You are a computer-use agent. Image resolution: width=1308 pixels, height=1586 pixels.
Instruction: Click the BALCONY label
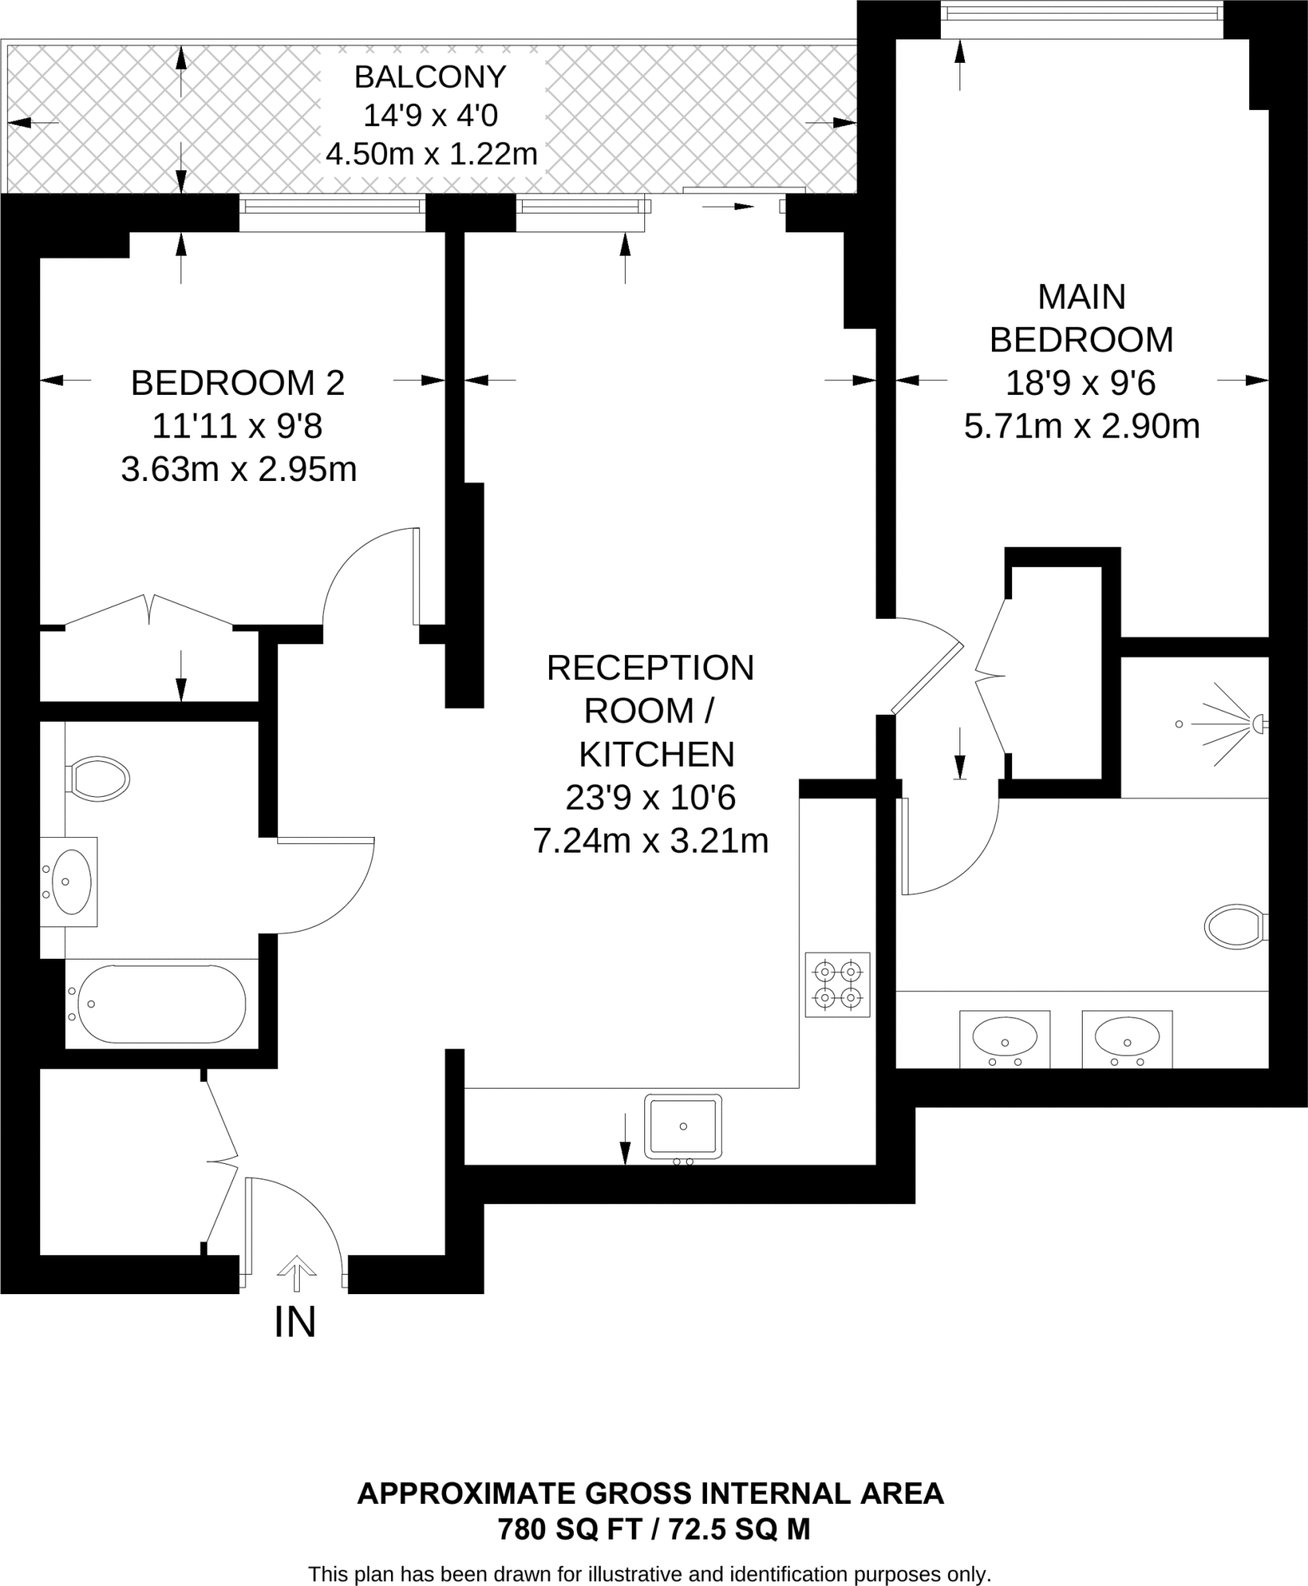tap(430, 77)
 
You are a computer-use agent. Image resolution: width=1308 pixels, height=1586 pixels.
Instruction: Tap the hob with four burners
tap(837, 984)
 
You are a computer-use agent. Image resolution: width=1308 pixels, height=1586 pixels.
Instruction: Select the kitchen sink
tap(682, 1126)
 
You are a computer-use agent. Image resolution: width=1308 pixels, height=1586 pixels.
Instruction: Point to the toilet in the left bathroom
tap(100, 778)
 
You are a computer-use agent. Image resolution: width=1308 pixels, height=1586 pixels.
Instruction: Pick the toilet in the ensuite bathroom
tap(1234, 925)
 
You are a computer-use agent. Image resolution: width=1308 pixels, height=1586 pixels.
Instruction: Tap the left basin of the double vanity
tap(1004, 1035)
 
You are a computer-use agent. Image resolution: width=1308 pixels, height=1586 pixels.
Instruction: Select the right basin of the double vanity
tap(1127, 1035)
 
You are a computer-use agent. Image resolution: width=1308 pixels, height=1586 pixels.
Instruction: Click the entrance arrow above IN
tap(297, 1273)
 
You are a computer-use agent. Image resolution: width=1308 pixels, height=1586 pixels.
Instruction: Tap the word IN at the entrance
tap(295, 1323)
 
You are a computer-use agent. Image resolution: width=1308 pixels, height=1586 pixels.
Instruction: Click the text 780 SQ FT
tap(570, 1529)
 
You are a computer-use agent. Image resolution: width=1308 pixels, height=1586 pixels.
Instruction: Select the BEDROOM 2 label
tap(238, 383)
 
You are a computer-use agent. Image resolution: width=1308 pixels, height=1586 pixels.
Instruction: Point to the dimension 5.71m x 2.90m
tap(1082, 427)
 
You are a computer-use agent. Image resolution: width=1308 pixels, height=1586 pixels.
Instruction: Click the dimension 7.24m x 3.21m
tap(651, 841)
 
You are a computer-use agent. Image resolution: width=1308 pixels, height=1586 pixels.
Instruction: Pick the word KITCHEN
tap(657, 754)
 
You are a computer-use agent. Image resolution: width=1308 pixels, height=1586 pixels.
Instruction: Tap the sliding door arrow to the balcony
tap(732, 206)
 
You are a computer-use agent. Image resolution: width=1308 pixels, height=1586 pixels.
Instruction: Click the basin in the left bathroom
tap(70, 881)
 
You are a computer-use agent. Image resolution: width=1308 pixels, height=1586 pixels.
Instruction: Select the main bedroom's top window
tap(1081, 12)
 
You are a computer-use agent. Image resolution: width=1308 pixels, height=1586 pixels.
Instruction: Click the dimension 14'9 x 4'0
tap(431, 116)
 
